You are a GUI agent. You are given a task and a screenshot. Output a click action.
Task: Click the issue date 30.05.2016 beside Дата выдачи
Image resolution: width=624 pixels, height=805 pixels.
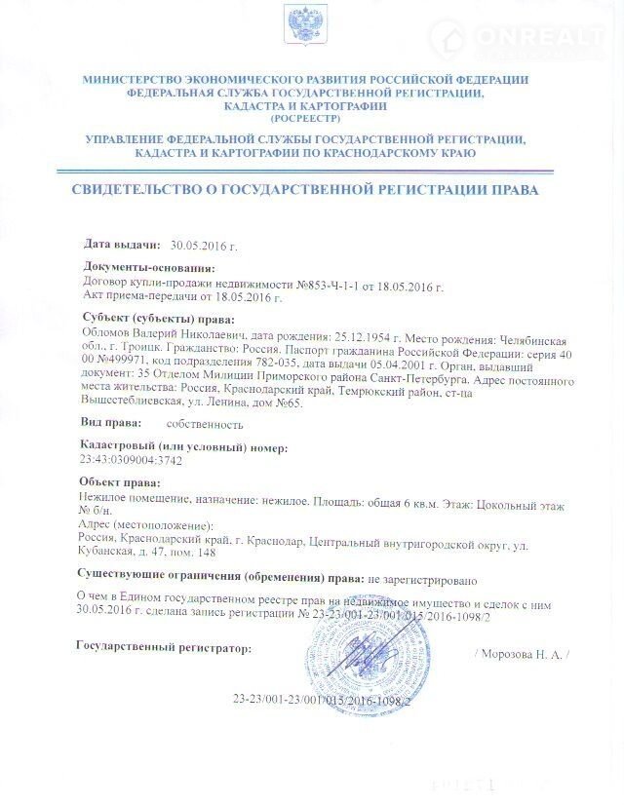tap(204, 245)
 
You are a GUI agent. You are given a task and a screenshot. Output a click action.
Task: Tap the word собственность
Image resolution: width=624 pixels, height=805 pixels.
tap(206, 424)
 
